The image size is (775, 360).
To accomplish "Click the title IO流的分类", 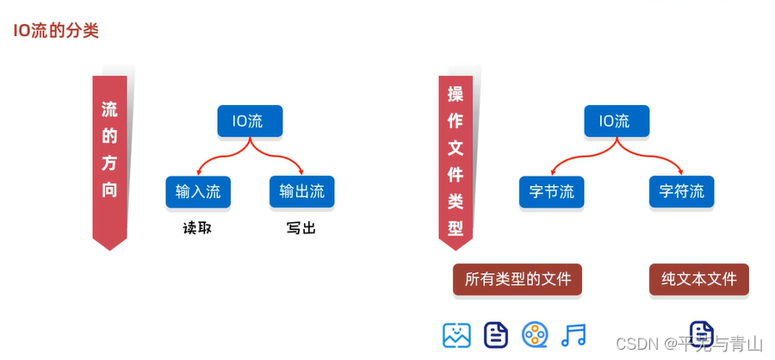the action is pos(56,31).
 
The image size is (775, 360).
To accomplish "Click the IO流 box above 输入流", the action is pos(249,121).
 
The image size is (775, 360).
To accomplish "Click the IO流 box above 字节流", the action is pos(613,121).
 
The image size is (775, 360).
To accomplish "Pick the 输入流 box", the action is pos(197,191).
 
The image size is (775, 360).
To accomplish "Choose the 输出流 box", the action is pos(301,191).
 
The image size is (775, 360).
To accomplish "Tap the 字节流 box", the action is pos(551,191).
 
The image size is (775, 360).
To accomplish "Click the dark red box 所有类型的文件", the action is pos(518,280).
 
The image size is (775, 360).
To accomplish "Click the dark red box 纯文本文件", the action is pos(698,280).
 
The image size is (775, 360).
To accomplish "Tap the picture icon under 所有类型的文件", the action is pos(456,334).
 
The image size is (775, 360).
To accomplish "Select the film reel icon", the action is pos(535,334).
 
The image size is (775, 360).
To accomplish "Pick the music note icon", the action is pos(573,334).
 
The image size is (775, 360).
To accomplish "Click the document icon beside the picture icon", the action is pos(496,334).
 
